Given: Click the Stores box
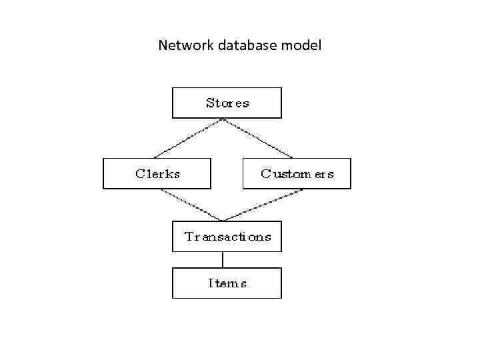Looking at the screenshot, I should click(x=227, y=103).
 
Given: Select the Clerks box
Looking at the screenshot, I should click(x=157, y=173).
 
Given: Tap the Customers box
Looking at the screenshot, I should click(x=297, y=173).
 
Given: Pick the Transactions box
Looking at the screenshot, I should click(x=227, y=237).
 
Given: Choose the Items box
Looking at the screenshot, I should click(x=227, y=283).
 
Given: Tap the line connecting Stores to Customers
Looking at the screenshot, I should click(x=257, y=138).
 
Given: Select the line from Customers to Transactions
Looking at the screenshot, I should click(x=262, y=205).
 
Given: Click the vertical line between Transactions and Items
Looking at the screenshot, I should click(x=223, y=260).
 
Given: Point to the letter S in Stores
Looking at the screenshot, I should click(x=210, y=103).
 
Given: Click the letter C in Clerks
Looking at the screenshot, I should click(x=140, y=173).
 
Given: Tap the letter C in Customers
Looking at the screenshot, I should click(x=266, y=173).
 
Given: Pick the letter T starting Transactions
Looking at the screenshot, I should click(x=189, y=237).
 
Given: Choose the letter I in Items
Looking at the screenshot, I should click(x=211, y=283).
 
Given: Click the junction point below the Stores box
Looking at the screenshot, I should click(x=223, y=119).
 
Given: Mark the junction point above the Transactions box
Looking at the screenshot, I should click(x=223, y=221).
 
